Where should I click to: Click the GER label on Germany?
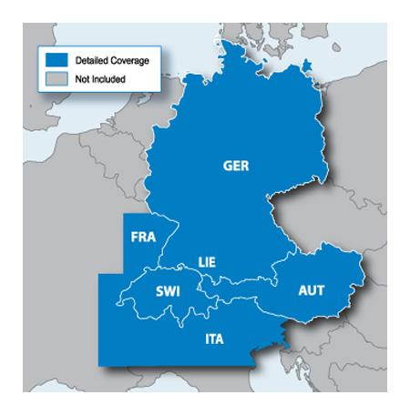tap(235, 167)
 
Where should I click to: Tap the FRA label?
tap(143, 237)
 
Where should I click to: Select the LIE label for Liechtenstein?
tap(207, 263)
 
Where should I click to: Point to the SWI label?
tap(168, 292)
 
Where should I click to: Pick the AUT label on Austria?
tap(312, 291)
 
